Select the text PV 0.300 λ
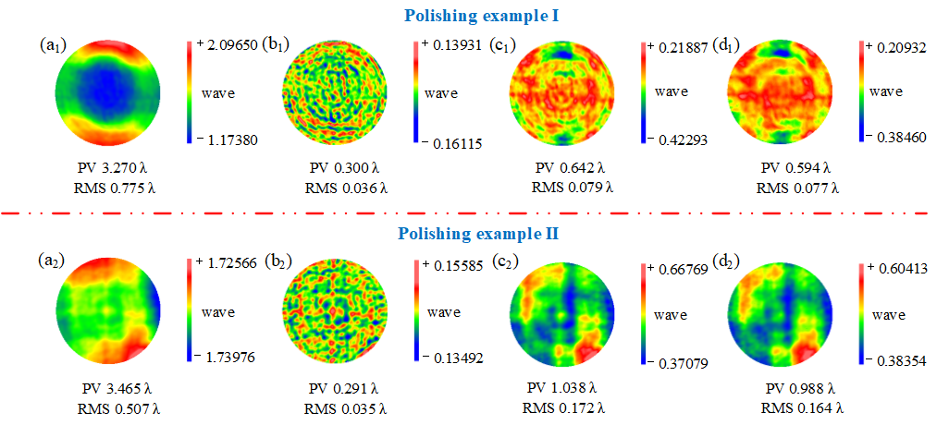click(x=343, y=169)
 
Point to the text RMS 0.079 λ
click(x=570, y=188)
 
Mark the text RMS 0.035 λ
click(x=343, y=407)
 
